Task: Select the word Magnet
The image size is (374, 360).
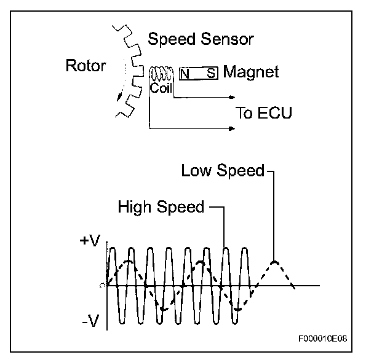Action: [x=251, y=72]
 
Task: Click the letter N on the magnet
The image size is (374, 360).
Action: [x=185, y=74]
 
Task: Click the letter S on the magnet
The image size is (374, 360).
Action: [x=210, y=74]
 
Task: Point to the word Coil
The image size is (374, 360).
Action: [x=161, y=88]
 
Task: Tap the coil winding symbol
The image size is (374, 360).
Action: [x=161, y=74]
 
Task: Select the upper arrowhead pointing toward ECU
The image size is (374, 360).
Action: [x=233, y=97]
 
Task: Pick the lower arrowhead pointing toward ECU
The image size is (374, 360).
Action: [x=233, y=128]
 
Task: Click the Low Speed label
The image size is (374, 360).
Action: [x=222, y=170]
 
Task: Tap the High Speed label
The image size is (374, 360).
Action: [x=161, y=207]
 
